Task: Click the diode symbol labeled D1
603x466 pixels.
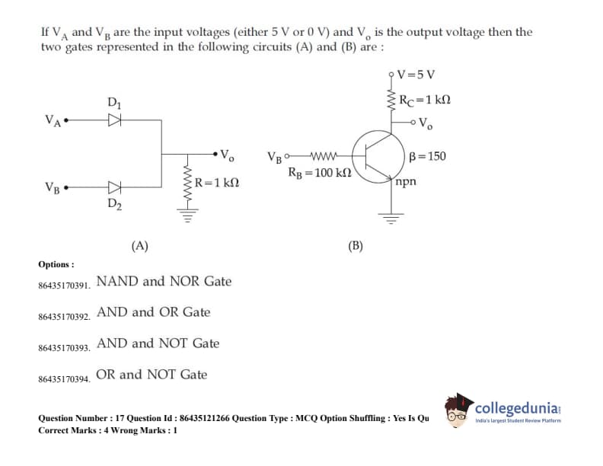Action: (x=114, y=120)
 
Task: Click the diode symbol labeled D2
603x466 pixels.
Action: (x=114, y=187)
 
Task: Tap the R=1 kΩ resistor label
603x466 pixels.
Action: (x=217, y=183)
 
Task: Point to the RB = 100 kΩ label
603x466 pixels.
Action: (x=319, y=174)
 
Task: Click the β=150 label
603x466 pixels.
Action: (x=427, y=157)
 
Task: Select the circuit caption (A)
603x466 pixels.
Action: (x=139, y=245)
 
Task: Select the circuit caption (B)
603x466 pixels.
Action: (x=356, y=245)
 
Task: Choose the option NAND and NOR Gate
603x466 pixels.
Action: (x=164, y=281)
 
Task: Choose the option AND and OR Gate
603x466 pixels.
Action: (x=153, y=312)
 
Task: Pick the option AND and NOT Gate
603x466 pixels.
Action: (x=158, y=343)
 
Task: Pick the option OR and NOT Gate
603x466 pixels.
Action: (x=152, y=375)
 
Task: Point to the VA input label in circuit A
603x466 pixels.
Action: (x=53, y=120)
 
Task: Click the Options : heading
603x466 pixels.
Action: (x=56, y=264)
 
